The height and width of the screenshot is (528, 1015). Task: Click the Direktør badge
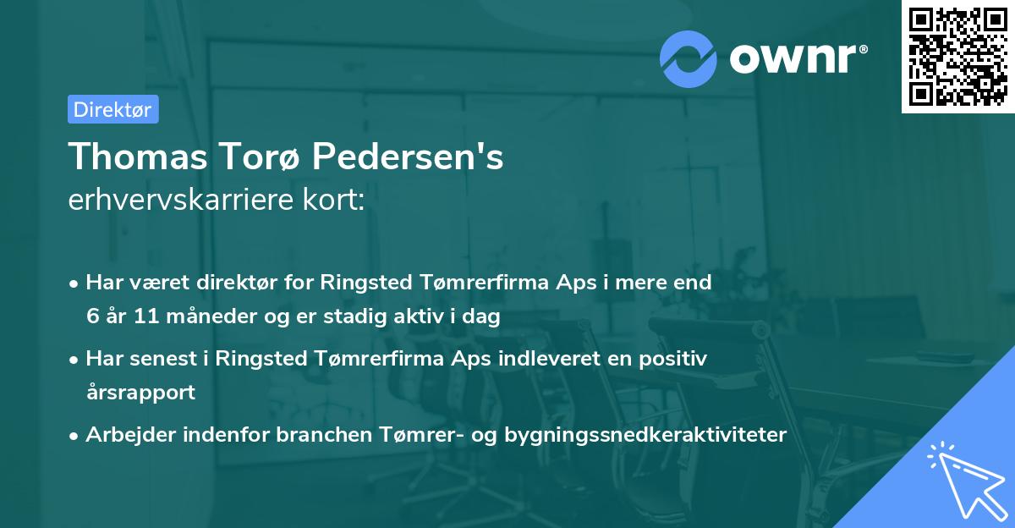tap(112, 109)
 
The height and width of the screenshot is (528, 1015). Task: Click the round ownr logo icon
tap(689, 58)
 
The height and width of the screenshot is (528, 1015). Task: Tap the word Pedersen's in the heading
tap(408, 157)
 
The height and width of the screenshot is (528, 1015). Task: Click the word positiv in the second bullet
tap(677, 358)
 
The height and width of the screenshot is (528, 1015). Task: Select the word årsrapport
tap(140, 393)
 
